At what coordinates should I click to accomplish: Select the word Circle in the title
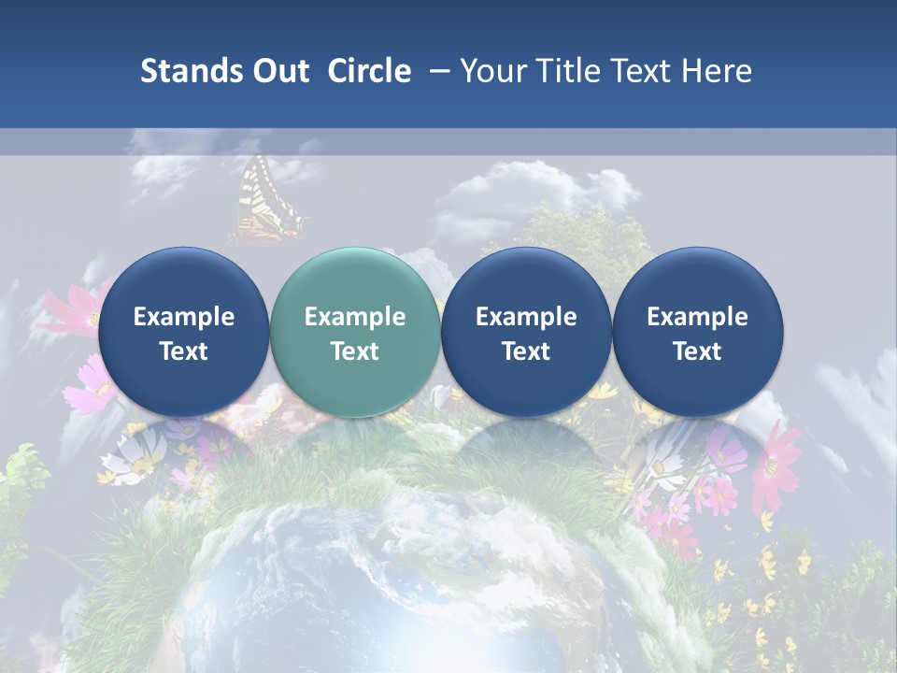point(369,71)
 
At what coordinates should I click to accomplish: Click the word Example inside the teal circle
point(355,317)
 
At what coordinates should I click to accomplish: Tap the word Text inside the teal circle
point(355,351)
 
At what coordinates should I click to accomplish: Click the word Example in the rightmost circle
point(697,317)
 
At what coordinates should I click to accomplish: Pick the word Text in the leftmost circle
point(183,351)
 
